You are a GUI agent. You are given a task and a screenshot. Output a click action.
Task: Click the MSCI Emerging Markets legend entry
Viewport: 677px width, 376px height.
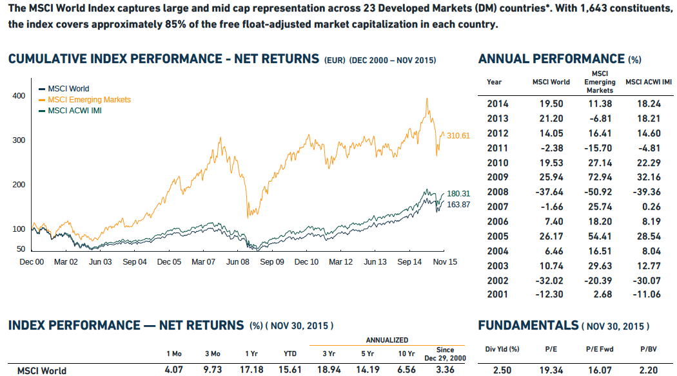point(89,100)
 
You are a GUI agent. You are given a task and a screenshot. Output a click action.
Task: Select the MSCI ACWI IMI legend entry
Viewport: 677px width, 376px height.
point(74,110)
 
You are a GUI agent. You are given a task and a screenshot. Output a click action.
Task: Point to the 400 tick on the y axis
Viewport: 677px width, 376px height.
point(19,96)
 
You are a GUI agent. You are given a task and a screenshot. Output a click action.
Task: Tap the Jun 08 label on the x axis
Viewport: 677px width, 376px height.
point(237,262)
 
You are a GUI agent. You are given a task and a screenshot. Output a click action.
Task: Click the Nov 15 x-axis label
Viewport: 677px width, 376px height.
point(444,262)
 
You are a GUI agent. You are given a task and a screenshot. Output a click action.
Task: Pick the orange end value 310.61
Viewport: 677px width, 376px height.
point(458,136)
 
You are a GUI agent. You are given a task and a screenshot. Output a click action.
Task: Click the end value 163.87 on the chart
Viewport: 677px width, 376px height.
point(458,204)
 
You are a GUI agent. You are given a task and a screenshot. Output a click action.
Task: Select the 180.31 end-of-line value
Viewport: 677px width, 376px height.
point(458,194)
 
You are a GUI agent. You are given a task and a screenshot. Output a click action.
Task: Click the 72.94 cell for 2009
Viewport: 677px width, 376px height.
point(600,177)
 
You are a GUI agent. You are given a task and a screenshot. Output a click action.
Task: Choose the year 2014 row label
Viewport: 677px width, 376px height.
point(497,104)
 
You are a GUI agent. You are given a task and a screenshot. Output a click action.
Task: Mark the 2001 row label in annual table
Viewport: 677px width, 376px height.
point(497,294)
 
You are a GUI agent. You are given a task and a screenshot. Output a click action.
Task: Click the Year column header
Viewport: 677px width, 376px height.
point(495,82)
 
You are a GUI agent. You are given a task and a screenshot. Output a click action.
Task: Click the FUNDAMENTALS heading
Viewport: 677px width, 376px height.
point(528,326)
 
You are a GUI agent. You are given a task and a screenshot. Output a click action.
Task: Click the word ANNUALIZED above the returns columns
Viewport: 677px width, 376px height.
point(387,340)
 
